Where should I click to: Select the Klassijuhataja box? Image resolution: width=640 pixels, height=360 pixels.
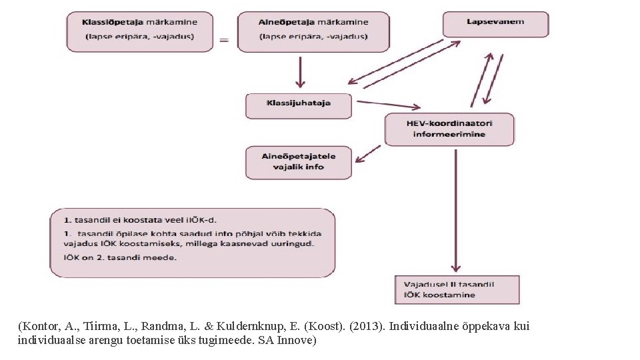[299, 104]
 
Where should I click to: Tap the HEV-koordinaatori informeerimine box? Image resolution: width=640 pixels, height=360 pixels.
[449, 129]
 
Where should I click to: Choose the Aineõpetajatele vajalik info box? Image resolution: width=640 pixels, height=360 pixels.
[299, 162]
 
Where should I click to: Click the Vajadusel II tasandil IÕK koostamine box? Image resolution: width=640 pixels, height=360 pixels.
[457, 289]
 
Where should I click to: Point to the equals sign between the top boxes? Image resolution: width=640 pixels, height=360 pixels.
[224, 40]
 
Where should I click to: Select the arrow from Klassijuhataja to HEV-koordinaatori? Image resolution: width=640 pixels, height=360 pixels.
[389, 105]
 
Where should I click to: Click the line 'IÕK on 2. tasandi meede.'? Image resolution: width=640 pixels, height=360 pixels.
[120, 257]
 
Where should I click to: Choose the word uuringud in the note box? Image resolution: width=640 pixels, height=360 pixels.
[294, 244]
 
